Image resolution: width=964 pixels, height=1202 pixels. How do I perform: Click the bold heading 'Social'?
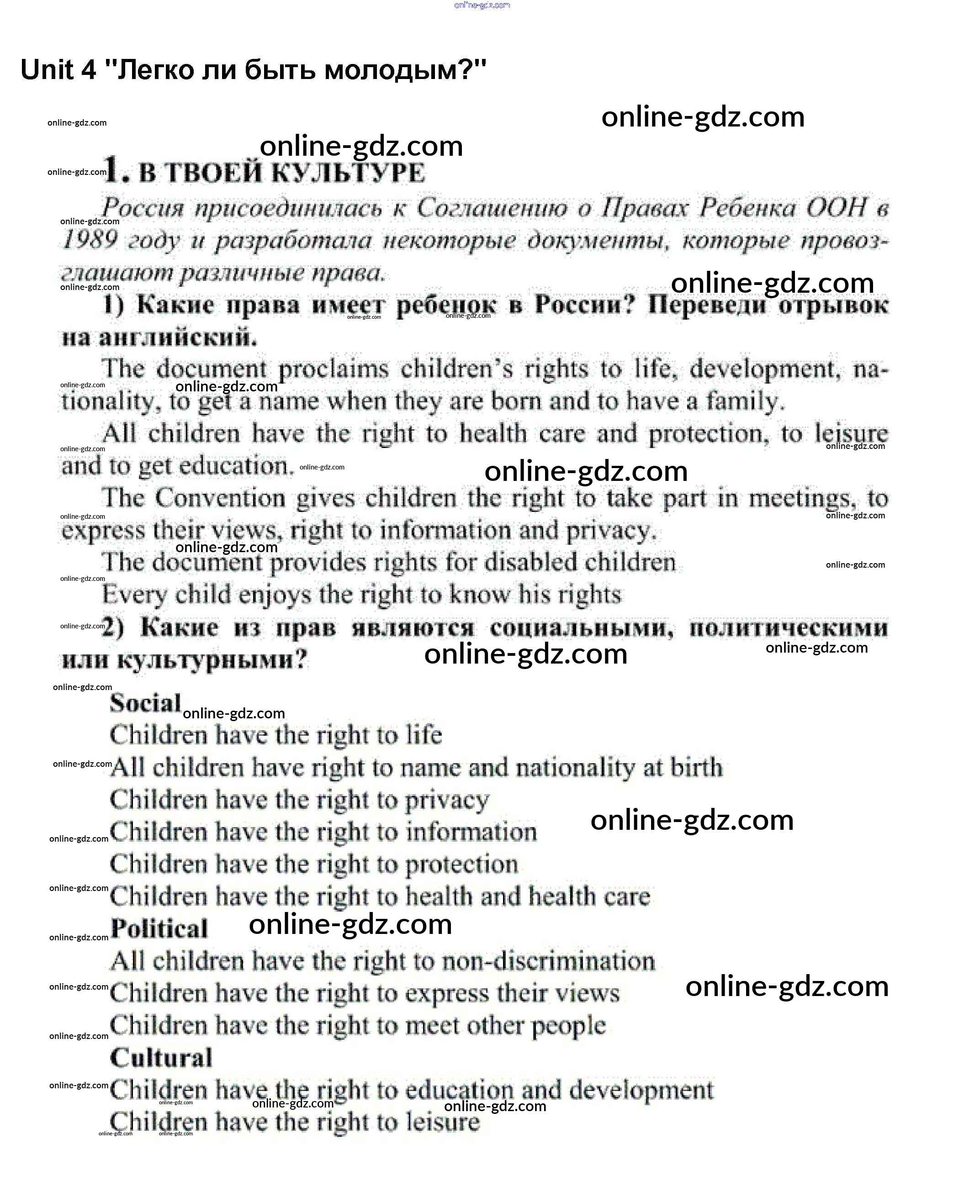coord(145,703)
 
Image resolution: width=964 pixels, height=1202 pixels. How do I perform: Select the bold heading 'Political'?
coord(159,928)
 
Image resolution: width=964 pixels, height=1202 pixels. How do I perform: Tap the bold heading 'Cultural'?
coord(161,1058)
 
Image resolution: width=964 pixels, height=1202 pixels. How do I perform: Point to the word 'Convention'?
coord(220,498)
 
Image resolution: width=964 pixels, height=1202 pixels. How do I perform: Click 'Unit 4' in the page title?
coord(58,70)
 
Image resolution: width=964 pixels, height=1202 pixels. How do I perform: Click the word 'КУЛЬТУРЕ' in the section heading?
coord(349,173)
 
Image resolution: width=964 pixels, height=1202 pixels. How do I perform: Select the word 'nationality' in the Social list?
coord(575,768)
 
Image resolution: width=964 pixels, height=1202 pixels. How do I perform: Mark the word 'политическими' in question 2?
coord(788,628)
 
